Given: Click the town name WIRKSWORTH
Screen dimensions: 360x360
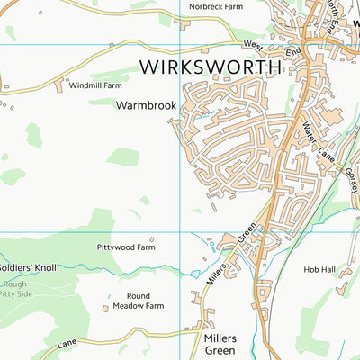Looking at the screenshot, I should (x=211, y=67).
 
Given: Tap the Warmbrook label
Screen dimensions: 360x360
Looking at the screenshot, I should (x=145, y=105).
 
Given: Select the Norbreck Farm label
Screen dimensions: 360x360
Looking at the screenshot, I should (x=216, y=6).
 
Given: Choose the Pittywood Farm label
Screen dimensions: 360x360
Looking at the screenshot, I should (x=126, y=246).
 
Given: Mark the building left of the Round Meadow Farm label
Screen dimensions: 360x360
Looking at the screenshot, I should (x=105, y=307).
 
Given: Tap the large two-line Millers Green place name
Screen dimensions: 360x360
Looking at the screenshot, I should (x=214, y=343).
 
